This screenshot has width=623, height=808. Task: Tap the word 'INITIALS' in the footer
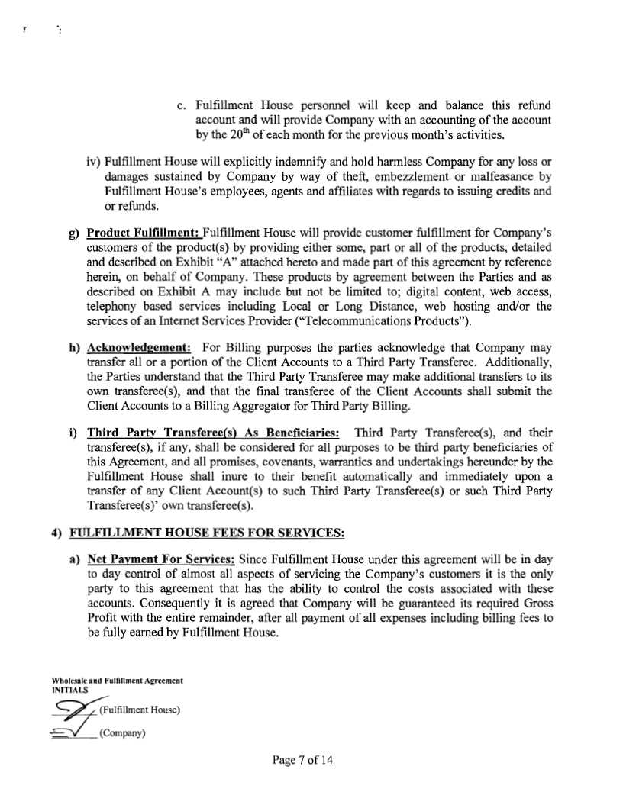point(69,689)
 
